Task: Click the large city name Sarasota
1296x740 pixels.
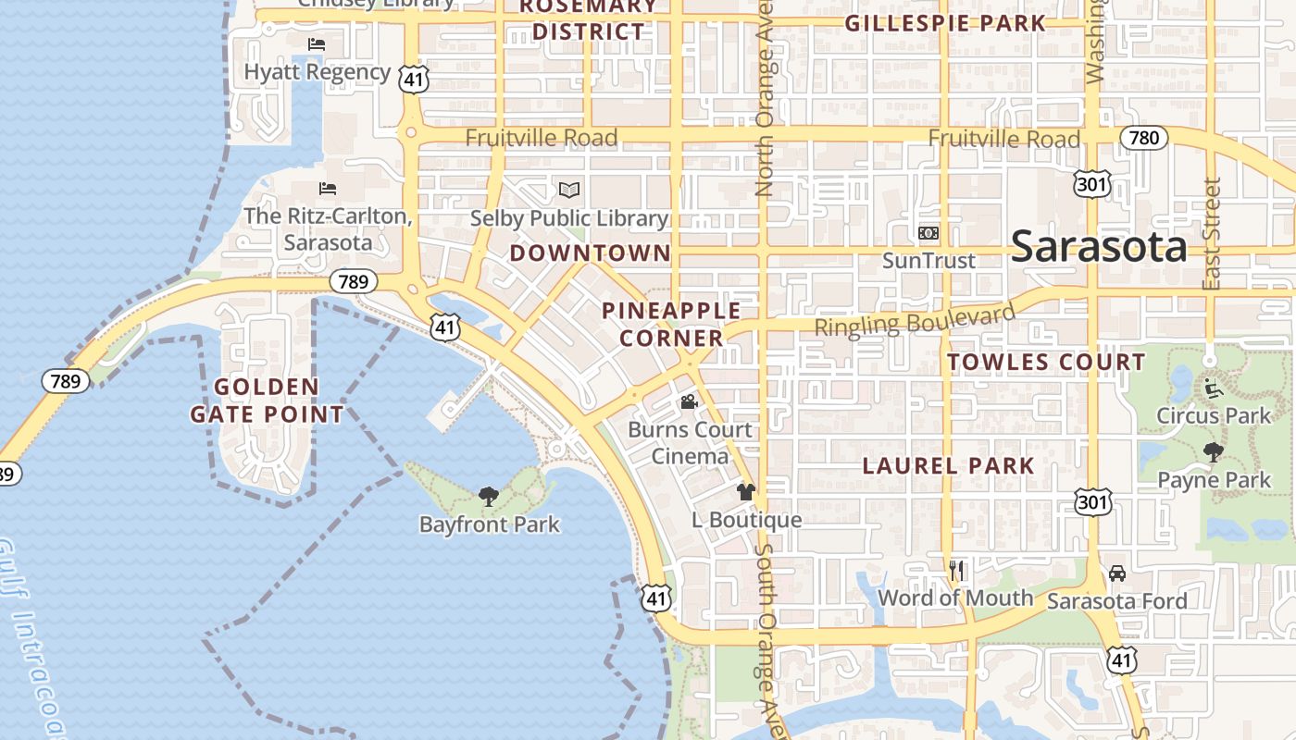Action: click(x=1099, y=246)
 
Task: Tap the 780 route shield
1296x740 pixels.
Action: click(x=1144, y=138)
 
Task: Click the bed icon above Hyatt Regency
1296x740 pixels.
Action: click(x=317, y=44)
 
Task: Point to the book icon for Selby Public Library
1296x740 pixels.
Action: click(x=569, y=191)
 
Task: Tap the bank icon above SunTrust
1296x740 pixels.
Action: click(x=928, y=233)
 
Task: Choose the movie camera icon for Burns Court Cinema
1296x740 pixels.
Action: click(x=689, y=402)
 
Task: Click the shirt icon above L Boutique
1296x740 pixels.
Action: click(x=746, y=492)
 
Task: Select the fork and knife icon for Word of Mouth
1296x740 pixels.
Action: click(x=956, y=571)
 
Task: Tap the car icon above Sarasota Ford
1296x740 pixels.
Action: click(x=1117, y=573)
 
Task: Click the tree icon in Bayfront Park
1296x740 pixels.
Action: click(x=489, y=497)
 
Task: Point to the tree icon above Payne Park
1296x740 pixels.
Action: click(x=1213, y=452)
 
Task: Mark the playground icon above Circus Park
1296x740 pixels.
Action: click(x=1213, y=388)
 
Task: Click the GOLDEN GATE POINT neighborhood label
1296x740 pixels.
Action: click(x=268, y=401)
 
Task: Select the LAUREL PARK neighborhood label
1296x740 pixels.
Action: click(x=948, y=466)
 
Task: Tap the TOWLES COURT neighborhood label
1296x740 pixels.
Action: click(x=1046, y=362)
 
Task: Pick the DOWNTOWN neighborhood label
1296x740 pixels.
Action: click(x=590, y=253)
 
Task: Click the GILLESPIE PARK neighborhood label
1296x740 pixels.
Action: click(x=944, y=23)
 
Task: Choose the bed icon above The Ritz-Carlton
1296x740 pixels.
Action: click(x=328, y=189)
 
